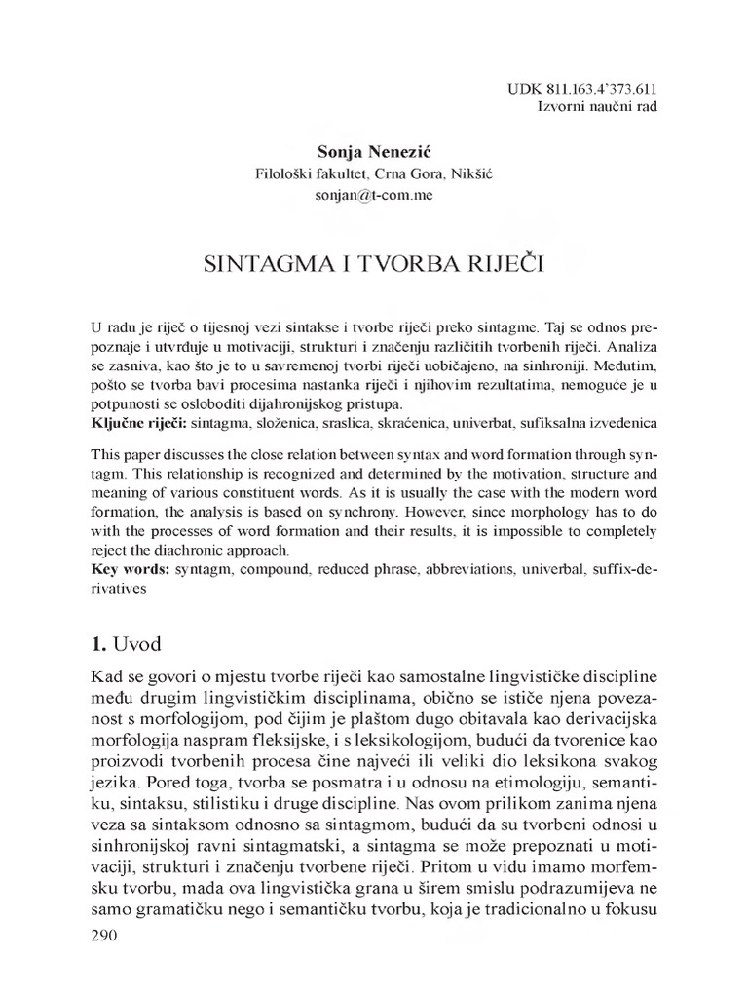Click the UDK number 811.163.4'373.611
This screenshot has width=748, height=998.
[597, 87]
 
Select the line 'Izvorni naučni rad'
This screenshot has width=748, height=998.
[597, 105]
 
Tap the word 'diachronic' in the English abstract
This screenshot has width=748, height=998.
[228, 548]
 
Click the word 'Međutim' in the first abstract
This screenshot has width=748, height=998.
[622, 366]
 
